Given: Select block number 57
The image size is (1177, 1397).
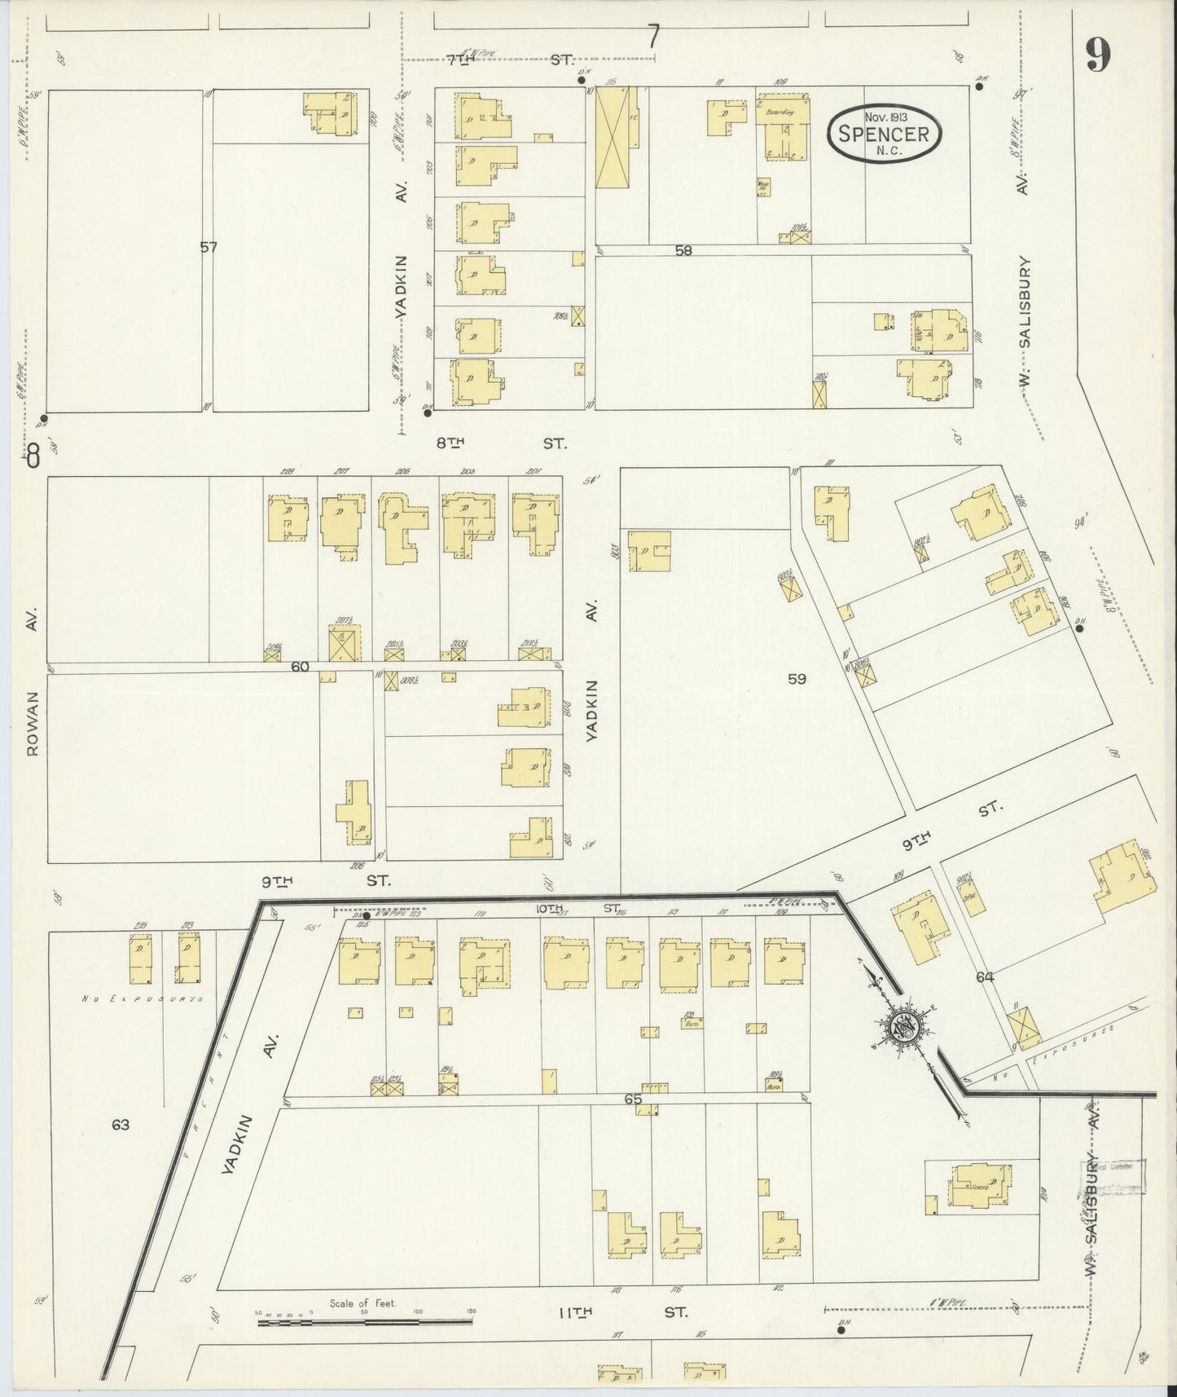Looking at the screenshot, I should pos(209,247).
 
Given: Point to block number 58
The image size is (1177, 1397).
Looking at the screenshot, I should pos(683,251).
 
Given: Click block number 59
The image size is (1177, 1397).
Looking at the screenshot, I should pos(796,678).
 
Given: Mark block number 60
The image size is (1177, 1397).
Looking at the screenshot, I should pos(300,666).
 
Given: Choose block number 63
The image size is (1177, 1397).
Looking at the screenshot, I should pos(121,1125).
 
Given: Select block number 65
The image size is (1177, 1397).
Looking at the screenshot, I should pos(633,1100).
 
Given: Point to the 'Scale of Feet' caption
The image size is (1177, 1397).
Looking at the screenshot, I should pos(362,1303).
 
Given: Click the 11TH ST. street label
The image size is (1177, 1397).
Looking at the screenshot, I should pos(622,1312).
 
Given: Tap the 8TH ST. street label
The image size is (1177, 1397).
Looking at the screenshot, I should pos(500,443).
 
